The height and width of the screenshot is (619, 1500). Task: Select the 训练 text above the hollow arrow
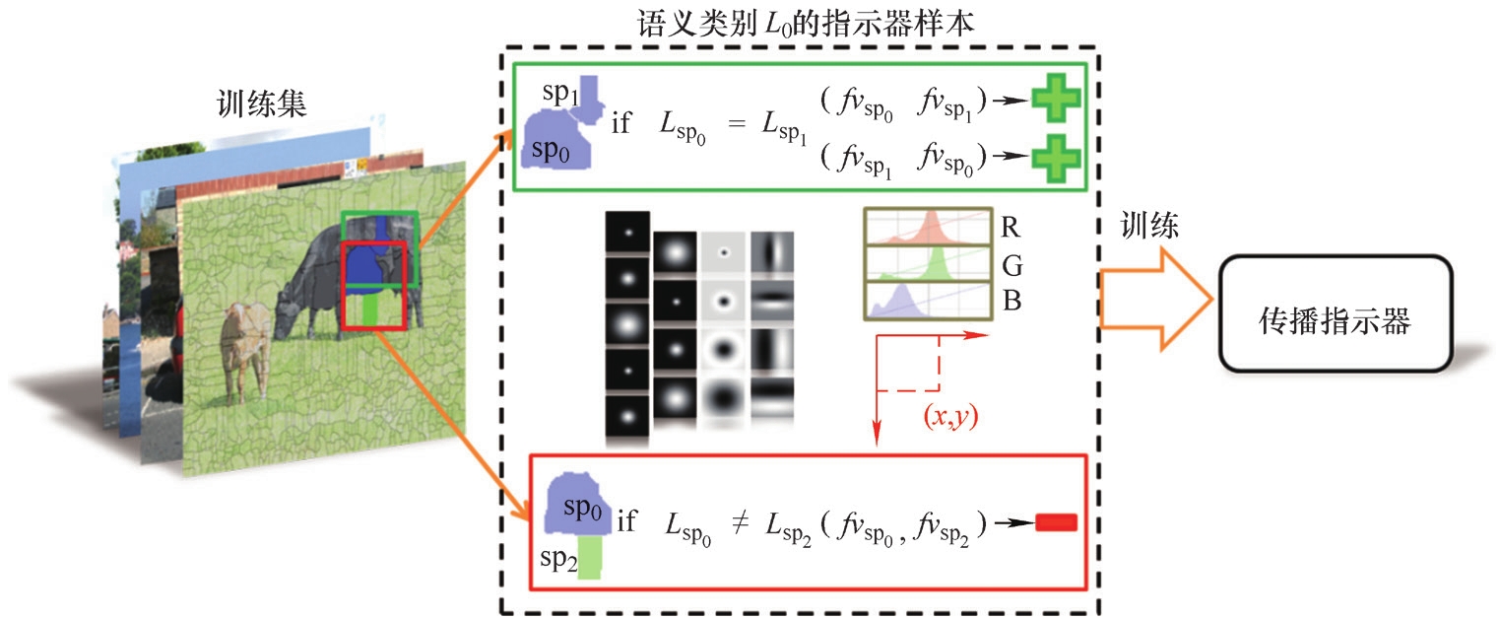(x=1150, y=227)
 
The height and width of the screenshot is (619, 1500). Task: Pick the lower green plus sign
(x=1056, y=158)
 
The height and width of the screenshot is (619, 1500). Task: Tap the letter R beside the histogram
(x=1010, y=228)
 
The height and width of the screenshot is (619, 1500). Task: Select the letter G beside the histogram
(x=1010, y=264)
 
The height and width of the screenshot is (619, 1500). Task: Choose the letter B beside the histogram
(x=1010, y=301)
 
